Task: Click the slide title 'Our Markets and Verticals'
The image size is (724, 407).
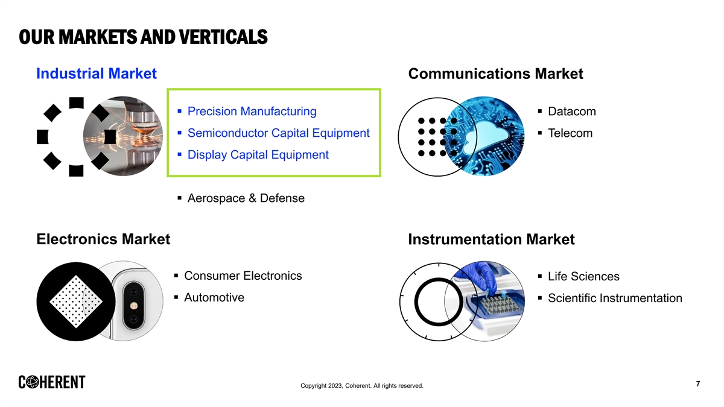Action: [143, 37]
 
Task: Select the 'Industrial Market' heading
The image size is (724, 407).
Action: [97, 74]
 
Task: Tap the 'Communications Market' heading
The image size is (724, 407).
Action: [495, 74]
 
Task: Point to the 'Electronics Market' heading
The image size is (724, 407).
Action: [103, 239]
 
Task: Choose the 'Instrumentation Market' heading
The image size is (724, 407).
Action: [491, 239]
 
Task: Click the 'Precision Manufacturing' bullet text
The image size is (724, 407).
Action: [252, 112]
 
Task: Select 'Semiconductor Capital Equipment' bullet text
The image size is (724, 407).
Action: [278, 133]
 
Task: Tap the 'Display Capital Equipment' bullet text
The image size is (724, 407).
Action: [258, 155]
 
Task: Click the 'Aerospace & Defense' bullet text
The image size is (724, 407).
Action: [246, 198]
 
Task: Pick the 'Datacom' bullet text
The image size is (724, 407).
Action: [572, 112]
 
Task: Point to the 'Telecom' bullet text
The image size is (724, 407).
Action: [570, 133]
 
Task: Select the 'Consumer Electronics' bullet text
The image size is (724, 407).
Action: [243, 276]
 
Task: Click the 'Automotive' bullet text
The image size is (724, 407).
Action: [214, 297]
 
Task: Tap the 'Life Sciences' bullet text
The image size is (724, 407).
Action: [583, 277]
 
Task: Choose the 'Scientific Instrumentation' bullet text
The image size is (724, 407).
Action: [615, 298]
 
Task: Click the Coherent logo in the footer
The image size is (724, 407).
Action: [52, 382]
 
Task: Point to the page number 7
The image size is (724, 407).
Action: [698, 383]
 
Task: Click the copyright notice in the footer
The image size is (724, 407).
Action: [361, 386]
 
